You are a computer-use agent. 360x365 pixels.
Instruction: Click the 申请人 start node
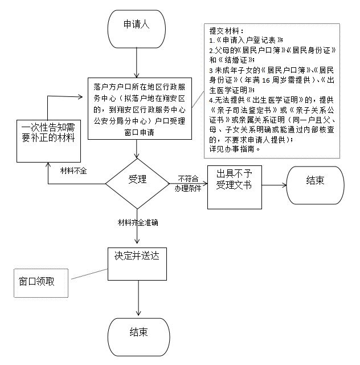point(137,26)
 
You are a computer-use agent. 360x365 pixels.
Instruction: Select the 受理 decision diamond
point(137,180)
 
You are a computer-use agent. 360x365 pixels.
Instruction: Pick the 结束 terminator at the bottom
point(139,332)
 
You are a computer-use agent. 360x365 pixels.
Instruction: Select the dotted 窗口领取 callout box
point(36,282)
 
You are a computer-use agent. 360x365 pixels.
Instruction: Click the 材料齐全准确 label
point(137,221)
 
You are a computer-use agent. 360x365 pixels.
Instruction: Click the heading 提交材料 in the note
point(226,31)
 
